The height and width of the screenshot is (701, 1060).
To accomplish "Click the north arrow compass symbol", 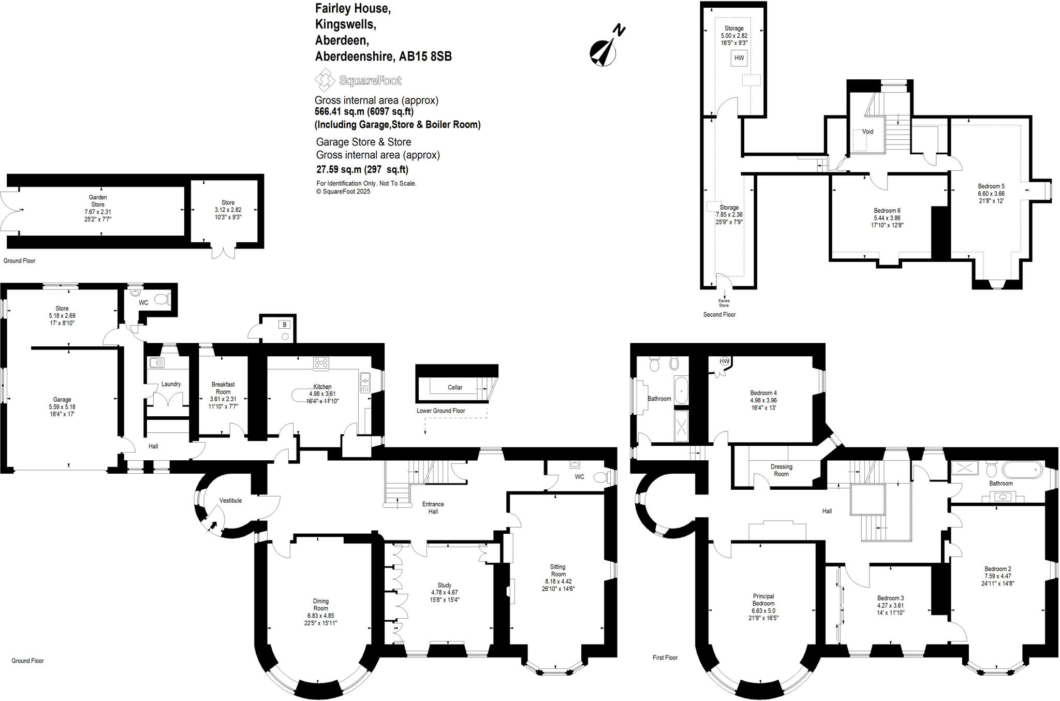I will (604, 50).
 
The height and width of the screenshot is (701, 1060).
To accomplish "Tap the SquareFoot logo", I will (358, 80).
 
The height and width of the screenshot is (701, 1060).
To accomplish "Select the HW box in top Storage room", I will (739, 58).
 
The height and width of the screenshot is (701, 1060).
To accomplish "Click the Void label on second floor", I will (867, 132).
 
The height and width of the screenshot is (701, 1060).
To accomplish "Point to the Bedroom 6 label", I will (887, 211).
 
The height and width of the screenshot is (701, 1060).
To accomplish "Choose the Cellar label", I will (455, 387).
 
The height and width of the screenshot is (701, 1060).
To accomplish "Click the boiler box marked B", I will (284, 325).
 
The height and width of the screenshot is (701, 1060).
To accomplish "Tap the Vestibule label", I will (230, 500).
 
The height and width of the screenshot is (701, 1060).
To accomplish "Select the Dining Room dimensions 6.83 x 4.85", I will (320, 616).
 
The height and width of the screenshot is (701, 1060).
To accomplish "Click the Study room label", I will (444, 585).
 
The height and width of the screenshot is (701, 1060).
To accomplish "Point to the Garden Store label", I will (98, 201).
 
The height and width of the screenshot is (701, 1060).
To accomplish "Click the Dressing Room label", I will (781, 470).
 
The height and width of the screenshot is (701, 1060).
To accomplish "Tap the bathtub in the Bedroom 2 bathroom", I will (1021, 470).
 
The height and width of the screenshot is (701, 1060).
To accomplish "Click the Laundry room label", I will (171, 384).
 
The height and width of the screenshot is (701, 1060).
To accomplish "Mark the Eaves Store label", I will (724, 303).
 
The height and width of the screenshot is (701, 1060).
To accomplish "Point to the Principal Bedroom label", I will (763, 600).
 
